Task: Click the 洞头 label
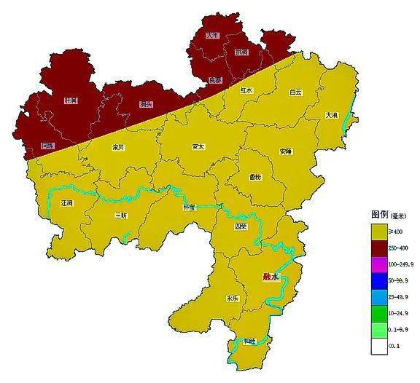(x=146, y=104)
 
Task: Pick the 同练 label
(x=47, y=146)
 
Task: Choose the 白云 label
(x=295, y=92)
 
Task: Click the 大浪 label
(x=332, y=116)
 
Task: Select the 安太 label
(x=198, y=146)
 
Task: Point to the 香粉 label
(x=256, y=177)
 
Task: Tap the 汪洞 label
(x=68, y=203)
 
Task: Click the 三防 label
(x=121, y=216)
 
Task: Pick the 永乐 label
(x=233, y=298)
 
